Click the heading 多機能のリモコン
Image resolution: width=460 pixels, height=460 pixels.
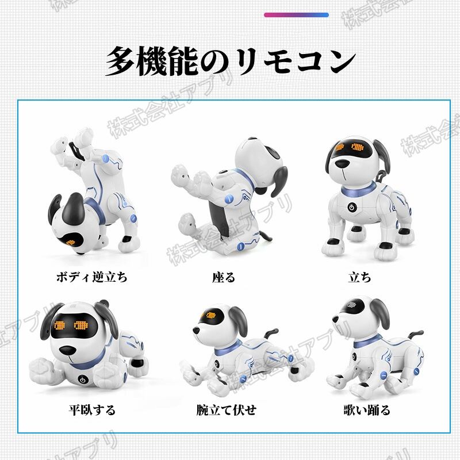click(231, 61)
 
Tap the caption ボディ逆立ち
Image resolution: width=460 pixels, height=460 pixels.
click(92, 277)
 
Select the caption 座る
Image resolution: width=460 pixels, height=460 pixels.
click(224, 277)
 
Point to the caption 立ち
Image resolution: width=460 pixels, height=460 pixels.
click(360, 277)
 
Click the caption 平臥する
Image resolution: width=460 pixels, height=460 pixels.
click(92, 410)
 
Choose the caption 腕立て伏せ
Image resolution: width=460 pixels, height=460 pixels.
click(227, 410)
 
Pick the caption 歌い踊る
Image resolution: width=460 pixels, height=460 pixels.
click(367, 410)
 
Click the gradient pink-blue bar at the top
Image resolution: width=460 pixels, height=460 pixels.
click(296, 15)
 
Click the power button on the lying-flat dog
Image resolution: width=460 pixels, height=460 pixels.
click(83, 379)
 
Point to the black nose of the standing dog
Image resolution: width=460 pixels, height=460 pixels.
click(342, 164)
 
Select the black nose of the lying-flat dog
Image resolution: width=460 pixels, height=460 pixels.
click(67, 351)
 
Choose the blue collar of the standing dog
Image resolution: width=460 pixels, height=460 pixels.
click(358, 190)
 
